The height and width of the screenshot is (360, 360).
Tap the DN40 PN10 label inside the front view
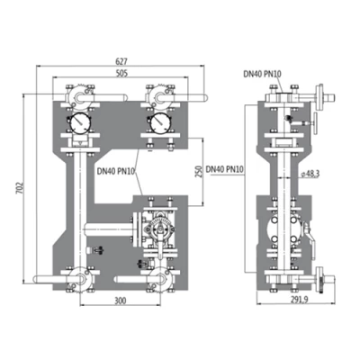(x=115, y=171)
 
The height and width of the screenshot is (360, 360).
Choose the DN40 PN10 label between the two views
(x=226, y=168)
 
